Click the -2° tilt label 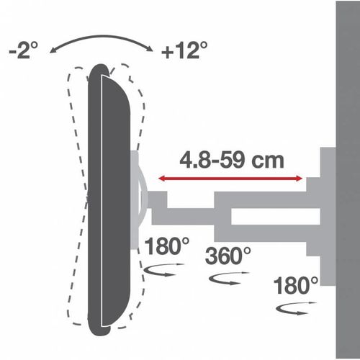click(x=24, y=50)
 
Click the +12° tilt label click(x=184, y=50)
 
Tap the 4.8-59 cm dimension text click(x=232, y=161)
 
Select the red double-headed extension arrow click(x=230, y=179)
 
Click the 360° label click(x=228, y=256)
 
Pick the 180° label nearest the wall click(x=296, y=285)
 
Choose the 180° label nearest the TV click(x=167, y=246)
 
